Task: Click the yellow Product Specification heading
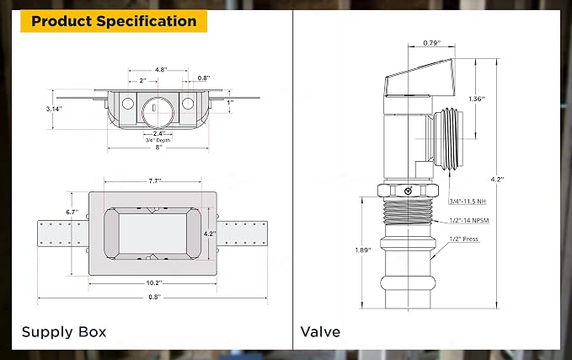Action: click(x=114, y=21)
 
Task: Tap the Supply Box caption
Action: click(x=64, y=332)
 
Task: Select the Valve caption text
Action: click(x=320, y=331)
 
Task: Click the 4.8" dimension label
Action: click(x=161, y=69)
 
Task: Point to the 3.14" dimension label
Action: click(x=54, y=109)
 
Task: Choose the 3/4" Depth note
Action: click(x=158, y=140)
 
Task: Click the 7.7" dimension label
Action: click(x=155, y=180)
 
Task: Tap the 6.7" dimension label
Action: click(x=72, y=212)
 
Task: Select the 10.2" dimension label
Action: click(x=154, y=282)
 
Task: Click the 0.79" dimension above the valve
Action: click(x=432, y=43)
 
